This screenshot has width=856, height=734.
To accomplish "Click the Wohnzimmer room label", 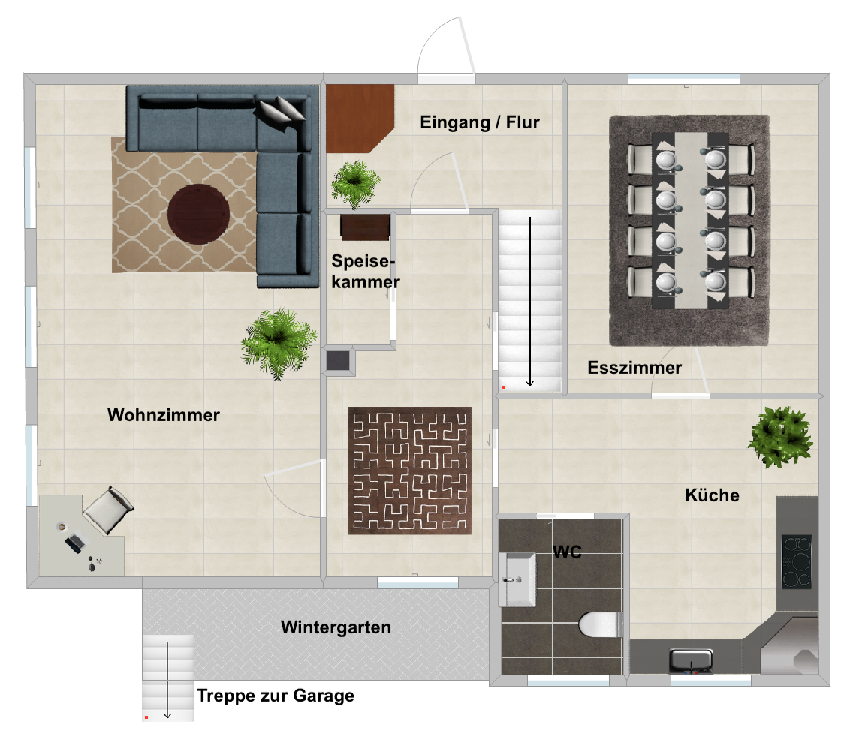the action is [x=163, y=415].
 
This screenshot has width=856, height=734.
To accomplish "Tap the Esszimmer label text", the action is [x=634, y=368].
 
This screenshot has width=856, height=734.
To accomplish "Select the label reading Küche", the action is [x=713, y=495].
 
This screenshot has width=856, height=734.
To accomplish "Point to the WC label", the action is [x=567, y=552].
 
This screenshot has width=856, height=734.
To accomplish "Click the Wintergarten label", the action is [x=336, y=627].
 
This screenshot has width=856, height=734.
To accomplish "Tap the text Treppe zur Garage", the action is [x=276, y=696].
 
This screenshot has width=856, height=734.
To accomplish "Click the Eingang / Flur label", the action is [x=480, y=122].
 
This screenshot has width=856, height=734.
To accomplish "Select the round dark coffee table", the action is [x=198, y=214].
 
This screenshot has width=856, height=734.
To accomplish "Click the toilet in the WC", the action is [x=601, y=624].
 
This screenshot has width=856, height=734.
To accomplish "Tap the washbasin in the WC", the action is [x=517, y=579].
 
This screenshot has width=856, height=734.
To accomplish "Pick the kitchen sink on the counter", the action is [x=691, y=660].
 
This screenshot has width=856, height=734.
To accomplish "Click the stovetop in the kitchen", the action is [x=797, y=561].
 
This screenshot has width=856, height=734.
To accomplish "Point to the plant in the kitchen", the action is [x=781, y=437].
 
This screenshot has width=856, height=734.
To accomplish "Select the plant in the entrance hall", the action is [x=355, y=184].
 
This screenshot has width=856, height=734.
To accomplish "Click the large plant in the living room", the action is [x=279, y=343].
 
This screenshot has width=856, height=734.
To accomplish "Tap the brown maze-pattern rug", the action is [x=409, y=471].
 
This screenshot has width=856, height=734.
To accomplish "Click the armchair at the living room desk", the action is [x=109, y=510].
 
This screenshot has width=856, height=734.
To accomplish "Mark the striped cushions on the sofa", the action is [x=281, y=112].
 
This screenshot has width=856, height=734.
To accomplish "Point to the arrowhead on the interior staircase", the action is [x=529, y=383].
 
